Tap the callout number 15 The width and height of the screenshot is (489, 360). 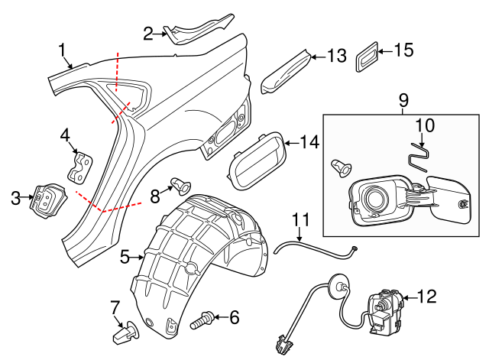pos(403,51)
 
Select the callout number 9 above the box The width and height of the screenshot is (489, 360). pos(403,100)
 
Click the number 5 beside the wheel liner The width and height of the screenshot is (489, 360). pos(125,258)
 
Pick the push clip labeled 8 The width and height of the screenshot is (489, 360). pos(180,184)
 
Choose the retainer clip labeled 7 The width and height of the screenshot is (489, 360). pos(122,333)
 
